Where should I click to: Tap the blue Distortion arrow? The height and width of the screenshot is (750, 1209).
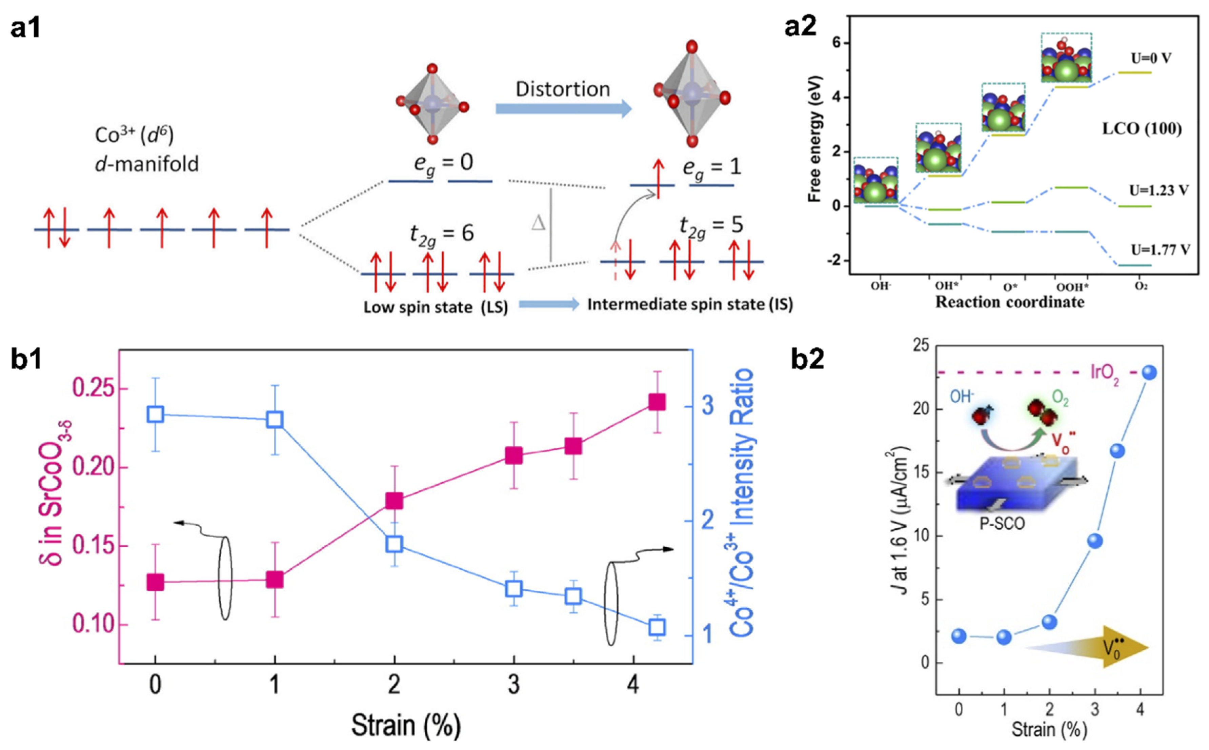click(563, 109)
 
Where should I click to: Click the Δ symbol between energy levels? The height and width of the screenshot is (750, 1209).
click(538, 223)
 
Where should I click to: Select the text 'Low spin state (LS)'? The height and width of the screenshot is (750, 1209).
click(436, 307)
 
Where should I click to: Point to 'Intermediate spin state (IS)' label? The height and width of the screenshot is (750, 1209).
click(690, 304)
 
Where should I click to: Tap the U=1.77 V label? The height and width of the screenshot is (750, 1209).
click(1160, 249)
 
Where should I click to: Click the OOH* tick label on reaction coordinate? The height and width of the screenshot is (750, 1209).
click(1072, 287)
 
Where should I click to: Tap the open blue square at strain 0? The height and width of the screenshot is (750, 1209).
click(155, 414)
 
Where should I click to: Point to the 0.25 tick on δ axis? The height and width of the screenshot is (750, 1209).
click(94, 389)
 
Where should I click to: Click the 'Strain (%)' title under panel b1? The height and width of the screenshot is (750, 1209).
click(406, 726)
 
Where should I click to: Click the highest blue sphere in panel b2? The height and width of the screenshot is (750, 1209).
click(1149, 372)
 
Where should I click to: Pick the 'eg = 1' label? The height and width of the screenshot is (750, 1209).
click(711, 167)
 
